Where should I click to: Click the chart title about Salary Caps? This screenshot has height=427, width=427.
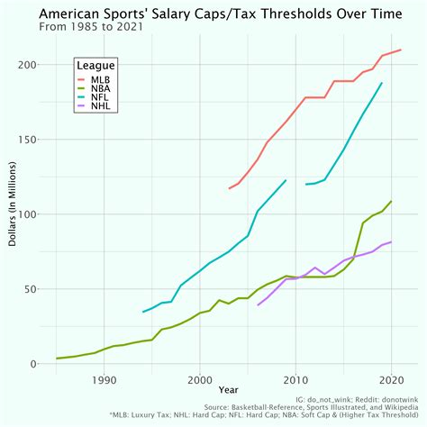(213, 14)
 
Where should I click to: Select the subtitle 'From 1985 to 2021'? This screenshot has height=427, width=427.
(98, 28)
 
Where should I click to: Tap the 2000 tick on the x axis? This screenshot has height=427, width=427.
(200, 379)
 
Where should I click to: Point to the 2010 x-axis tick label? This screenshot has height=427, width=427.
(295, 379)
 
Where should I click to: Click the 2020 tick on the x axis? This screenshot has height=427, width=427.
(391, 379)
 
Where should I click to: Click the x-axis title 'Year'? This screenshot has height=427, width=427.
(229, 390)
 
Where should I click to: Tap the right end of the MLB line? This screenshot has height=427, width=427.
(401, 50)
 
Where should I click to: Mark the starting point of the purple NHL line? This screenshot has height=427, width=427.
(258, 305)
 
